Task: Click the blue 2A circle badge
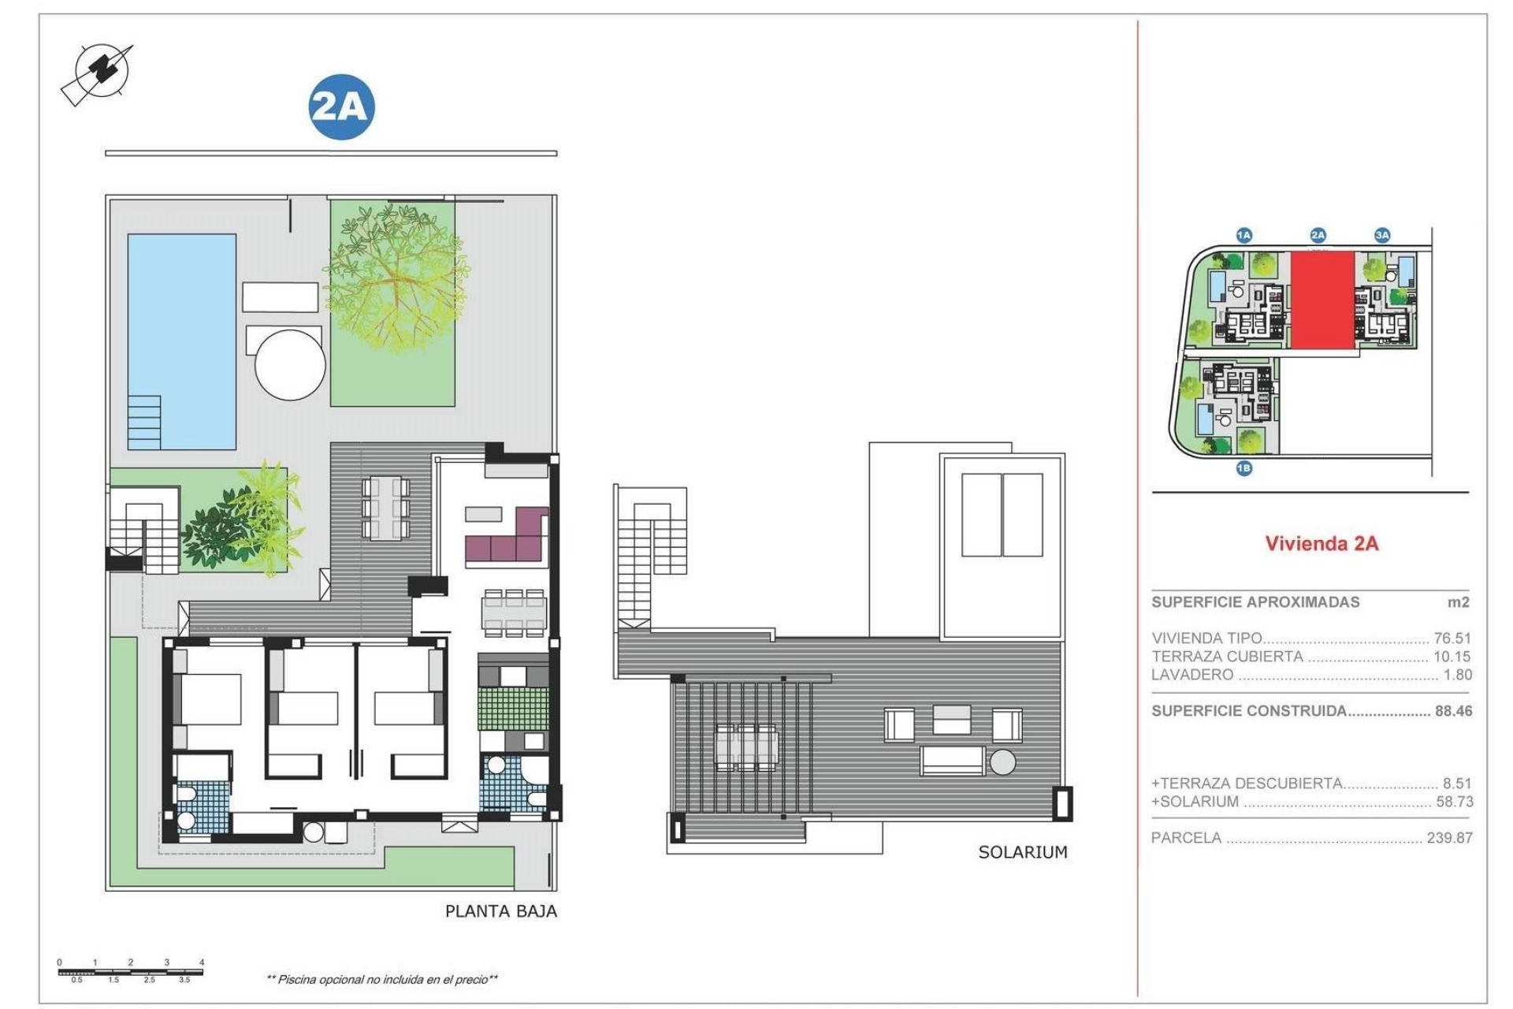coord(341,107)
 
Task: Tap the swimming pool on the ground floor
coord(182,341)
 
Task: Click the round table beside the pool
coord(290,365)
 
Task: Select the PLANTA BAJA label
coord(500,911)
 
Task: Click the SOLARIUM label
coord(1022,852)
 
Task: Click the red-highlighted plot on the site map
coord(1322,300)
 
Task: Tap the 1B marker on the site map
coord(1243,468)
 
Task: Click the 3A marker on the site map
coord(1382,235)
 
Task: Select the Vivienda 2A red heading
coord(1322,543)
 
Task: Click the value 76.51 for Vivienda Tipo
coord(1452,638)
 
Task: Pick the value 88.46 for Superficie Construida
coord(1453,710)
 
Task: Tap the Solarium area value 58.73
coord(1453,802)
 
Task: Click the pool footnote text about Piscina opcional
coord(382,979)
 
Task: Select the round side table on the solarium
coord(1002,761)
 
